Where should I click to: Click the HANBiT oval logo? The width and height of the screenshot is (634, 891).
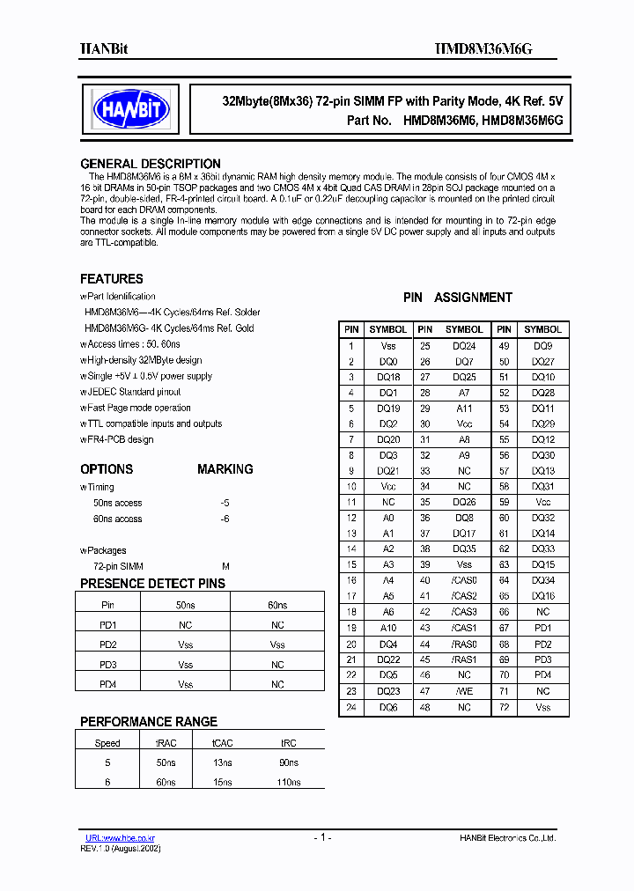131,109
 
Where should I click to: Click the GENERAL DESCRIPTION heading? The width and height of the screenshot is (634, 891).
151,164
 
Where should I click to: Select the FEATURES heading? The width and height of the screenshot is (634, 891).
112,278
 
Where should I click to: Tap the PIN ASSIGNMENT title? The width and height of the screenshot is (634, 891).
457,298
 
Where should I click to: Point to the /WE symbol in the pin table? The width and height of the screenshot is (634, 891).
464,691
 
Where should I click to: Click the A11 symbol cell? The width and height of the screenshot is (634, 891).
464,408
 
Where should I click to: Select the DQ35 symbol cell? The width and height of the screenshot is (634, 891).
464,549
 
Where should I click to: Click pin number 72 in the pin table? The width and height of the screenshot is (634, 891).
505,707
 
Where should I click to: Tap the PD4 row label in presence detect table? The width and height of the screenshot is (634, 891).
107,684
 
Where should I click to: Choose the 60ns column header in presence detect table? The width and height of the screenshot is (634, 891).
277,605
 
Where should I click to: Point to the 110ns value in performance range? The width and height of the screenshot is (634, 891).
288,782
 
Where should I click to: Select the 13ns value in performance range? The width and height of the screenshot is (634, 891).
222,762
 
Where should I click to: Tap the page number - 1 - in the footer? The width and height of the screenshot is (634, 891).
321,838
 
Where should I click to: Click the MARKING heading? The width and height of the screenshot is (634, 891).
225,469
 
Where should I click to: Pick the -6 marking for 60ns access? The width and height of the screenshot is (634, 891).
225,519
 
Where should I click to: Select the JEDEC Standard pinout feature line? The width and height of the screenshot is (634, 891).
133,392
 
